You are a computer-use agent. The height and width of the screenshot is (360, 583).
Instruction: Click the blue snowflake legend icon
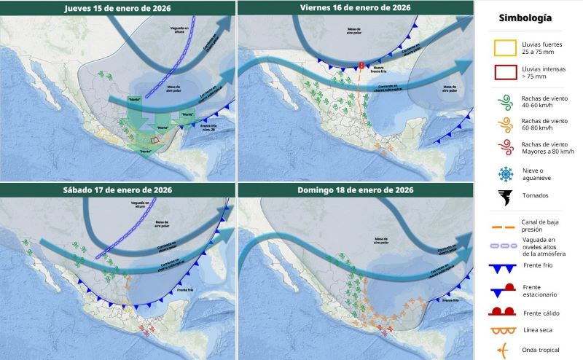click(502, 173)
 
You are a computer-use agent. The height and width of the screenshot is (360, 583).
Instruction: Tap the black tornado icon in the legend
click(502, 195)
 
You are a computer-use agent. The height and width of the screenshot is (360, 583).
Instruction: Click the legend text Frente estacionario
click(539, 291)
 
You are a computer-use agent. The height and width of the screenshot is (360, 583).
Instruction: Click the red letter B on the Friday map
click(361, 66)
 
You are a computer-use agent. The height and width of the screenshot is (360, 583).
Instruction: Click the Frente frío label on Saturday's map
click(185, 291)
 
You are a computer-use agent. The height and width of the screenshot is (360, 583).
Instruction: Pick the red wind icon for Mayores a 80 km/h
click(502, 146)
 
